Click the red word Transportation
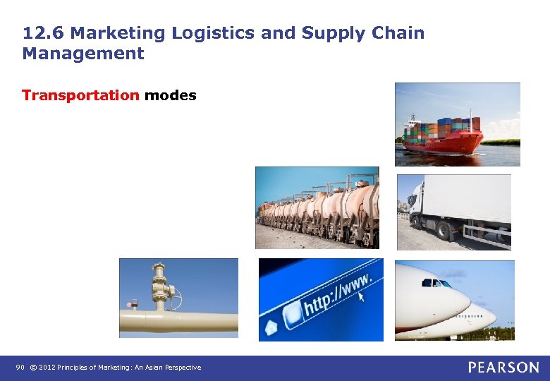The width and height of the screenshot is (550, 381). (x=80, y=95)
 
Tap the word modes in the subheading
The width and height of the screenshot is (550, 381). (x=170, y=95)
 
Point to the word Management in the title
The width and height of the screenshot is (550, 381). (x=83, y=54)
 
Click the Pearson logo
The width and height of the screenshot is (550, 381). (x=503, y=367)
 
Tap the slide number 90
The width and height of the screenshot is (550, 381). (x=20, y=368)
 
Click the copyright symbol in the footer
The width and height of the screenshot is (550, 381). (x=32, y=368)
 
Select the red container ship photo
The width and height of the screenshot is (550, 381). (x=457, y=124)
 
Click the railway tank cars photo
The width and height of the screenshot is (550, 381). (x=317, y=207)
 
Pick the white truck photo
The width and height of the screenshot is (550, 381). (x=454, y=212)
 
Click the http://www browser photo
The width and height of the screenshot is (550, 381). (x=321, y=299)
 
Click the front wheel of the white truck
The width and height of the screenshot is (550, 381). (x=442, y=231)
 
